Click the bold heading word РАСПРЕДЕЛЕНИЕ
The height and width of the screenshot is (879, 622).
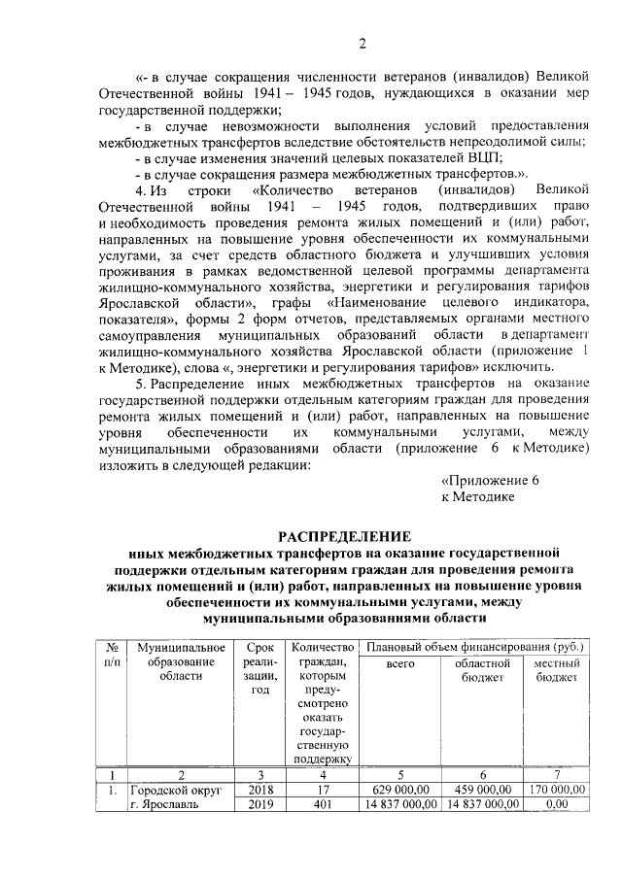point(345,536)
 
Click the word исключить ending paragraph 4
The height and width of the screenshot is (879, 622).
point(523,366)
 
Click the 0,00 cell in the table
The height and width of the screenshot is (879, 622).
point(557,804)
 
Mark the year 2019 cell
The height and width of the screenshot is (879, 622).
point(261,804)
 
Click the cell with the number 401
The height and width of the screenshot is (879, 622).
point(324,804)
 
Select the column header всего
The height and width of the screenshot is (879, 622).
point(399,663)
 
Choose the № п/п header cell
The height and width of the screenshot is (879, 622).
point(114,654)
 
